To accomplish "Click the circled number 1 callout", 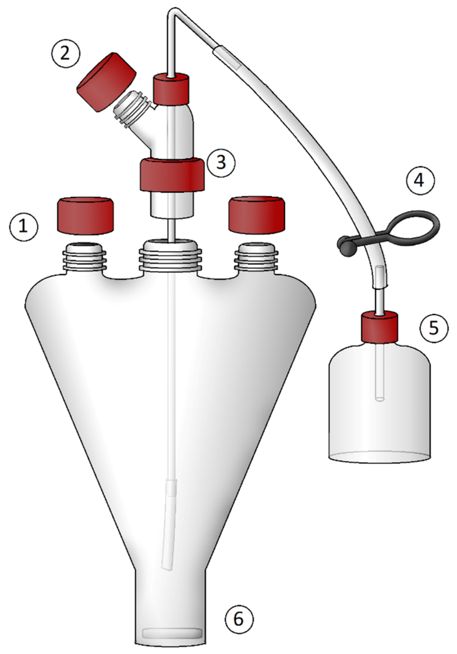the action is [x=24, y=227].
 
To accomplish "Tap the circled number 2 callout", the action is [x=65, y=53].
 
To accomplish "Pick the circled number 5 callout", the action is [x=434, y=328].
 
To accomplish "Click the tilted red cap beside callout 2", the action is [x=106, y=82].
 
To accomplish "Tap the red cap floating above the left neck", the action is [x=85, y=216].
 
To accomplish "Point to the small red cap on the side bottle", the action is [x=379, y=327].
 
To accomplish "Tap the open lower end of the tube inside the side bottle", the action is [x=379, y=399].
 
